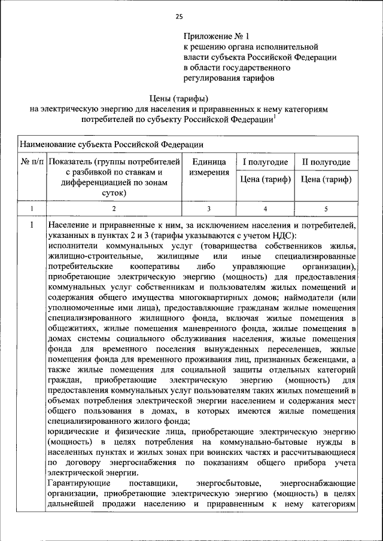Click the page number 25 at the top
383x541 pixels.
coord(179,16)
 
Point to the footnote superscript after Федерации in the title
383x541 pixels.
coord(274,116)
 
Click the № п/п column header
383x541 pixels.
coord(33,162)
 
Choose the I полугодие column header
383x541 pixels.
coord(265,162)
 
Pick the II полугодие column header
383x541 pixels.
coord(326,162)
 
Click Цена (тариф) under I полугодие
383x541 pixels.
coord(265,179)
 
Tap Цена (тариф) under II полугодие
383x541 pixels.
coord(326,179)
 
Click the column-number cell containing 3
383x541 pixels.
coord(209,209)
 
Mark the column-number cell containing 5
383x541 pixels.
coord(326,209)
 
